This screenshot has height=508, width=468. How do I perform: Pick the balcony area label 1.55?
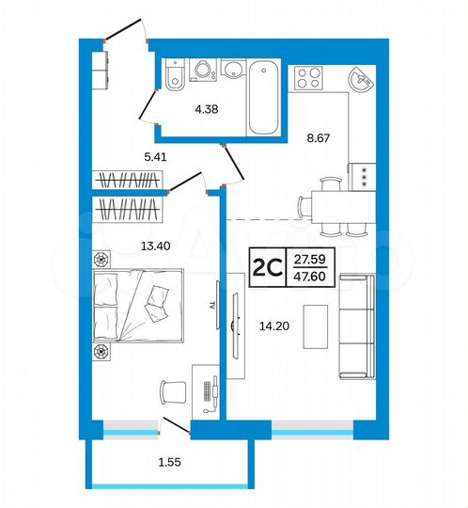pos(171,464)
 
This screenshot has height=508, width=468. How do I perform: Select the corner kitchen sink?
pos(360,81)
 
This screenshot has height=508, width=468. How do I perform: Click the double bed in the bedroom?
pos(137,305)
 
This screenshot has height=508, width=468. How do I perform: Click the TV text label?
pos(213,306)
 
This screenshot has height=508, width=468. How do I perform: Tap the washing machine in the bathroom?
pos(201,74)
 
